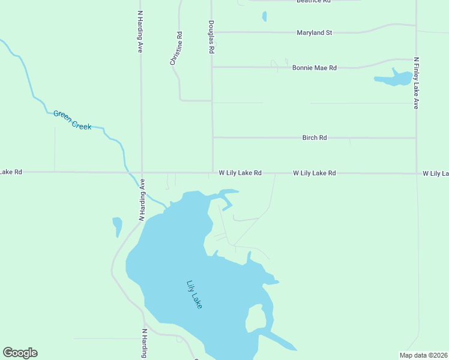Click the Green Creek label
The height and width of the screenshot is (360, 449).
(72, 119)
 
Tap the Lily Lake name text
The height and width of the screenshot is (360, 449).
(194, 295)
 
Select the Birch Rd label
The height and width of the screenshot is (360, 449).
(315, 138)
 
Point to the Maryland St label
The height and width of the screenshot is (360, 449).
(314, 32)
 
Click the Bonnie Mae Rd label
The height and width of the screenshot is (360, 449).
(314, 68)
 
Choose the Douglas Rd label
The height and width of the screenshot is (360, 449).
(211, 37)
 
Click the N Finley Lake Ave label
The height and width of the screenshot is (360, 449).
(416, 83)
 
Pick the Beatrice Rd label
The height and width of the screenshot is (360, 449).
(313, 2)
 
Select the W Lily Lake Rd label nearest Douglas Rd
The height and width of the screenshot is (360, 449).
(240, 173)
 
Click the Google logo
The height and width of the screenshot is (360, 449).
(20, 352)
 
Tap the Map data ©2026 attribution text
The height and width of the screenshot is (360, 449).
(423, 355)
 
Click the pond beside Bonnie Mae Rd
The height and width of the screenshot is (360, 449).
(393, 79)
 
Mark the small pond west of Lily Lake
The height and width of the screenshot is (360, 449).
(117, 226)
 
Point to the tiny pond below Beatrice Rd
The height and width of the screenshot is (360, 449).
(264, 16)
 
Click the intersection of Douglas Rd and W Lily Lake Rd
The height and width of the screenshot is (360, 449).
(212, 173)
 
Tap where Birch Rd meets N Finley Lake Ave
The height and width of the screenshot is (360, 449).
(416, 138)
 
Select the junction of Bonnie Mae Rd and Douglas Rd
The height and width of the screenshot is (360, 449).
(212, 67)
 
